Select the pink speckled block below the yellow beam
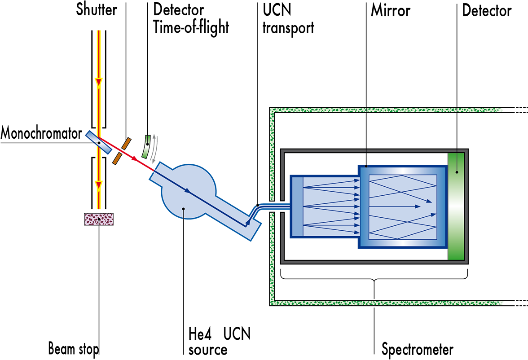point(98,219)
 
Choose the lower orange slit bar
point(117,158)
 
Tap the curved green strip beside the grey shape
point(146,146)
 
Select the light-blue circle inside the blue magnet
point(183,192)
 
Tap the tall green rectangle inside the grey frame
point(456,206)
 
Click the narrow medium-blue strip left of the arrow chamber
point(297,206)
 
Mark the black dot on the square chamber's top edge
point(367,167)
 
